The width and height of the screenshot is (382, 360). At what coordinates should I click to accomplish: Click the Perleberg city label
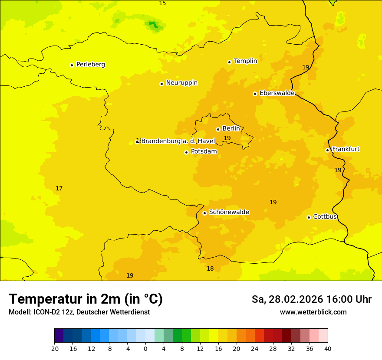[90, 65]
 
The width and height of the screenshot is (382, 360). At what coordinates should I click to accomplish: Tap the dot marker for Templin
[229, 62]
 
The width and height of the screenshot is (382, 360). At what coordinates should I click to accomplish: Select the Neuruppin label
[181, 83]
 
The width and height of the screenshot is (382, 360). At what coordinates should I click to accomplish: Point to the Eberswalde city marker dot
[255, 94]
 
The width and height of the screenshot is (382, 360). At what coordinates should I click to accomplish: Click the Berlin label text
[231, 129]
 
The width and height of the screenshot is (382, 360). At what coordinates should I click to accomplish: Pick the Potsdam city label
[204, 151]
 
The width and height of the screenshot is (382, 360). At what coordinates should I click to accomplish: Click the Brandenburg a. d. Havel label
[178, 141]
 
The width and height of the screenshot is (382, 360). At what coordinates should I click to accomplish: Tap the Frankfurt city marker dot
[327, 150]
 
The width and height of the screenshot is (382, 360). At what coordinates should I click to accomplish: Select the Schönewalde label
[229, 212]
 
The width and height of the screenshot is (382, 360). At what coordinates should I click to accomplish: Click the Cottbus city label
[325, 216]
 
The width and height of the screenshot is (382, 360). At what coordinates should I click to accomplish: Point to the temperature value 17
[59, 188]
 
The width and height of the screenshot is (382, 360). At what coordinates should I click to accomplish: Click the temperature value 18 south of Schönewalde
[210, 268]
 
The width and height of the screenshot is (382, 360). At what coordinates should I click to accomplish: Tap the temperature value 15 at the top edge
[162, 3]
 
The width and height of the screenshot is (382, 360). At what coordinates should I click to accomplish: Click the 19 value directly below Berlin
[227, 138]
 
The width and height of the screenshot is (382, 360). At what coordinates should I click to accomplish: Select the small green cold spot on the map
[153, 24]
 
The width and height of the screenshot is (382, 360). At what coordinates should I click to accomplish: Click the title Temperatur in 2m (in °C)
[86, 299]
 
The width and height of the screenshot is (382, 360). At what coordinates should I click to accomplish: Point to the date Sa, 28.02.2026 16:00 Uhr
[311, 299]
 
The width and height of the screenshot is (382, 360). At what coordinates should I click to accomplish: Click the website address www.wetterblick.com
[313, 312]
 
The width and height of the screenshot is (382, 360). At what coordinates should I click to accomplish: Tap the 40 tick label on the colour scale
[327, 348]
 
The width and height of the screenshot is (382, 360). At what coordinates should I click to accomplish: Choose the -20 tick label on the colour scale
[54, 348]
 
